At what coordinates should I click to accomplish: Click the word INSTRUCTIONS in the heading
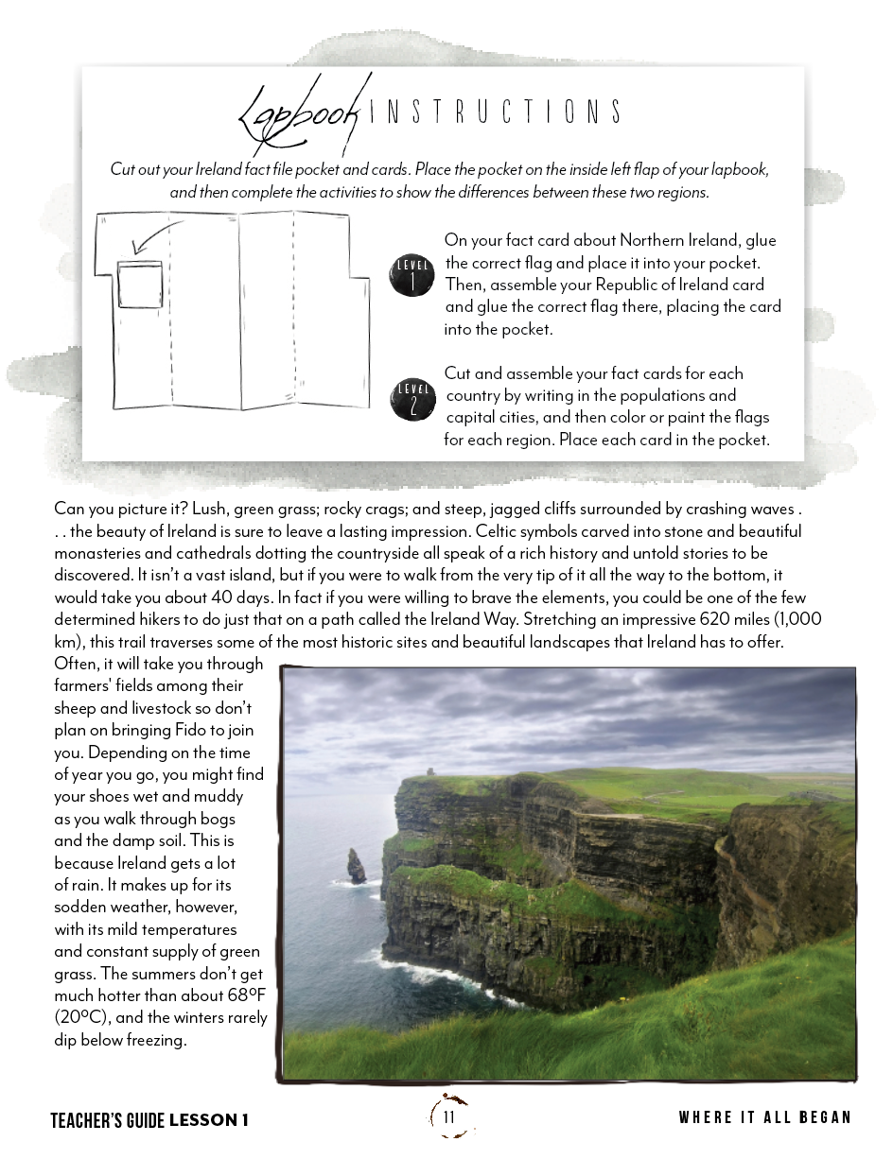coord(493,112)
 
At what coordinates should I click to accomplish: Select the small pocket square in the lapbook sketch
coord(140,286)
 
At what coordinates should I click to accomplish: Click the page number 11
coord(448,1117)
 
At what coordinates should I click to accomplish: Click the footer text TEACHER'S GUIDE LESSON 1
coord(149,1120)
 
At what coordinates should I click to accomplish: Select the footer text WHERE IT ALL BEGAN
coord(764,1117)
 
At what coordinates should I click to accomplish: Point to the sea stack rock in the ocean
coord(356,866)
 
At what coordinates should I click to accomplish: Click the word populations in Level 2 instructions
coord(680,395)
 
